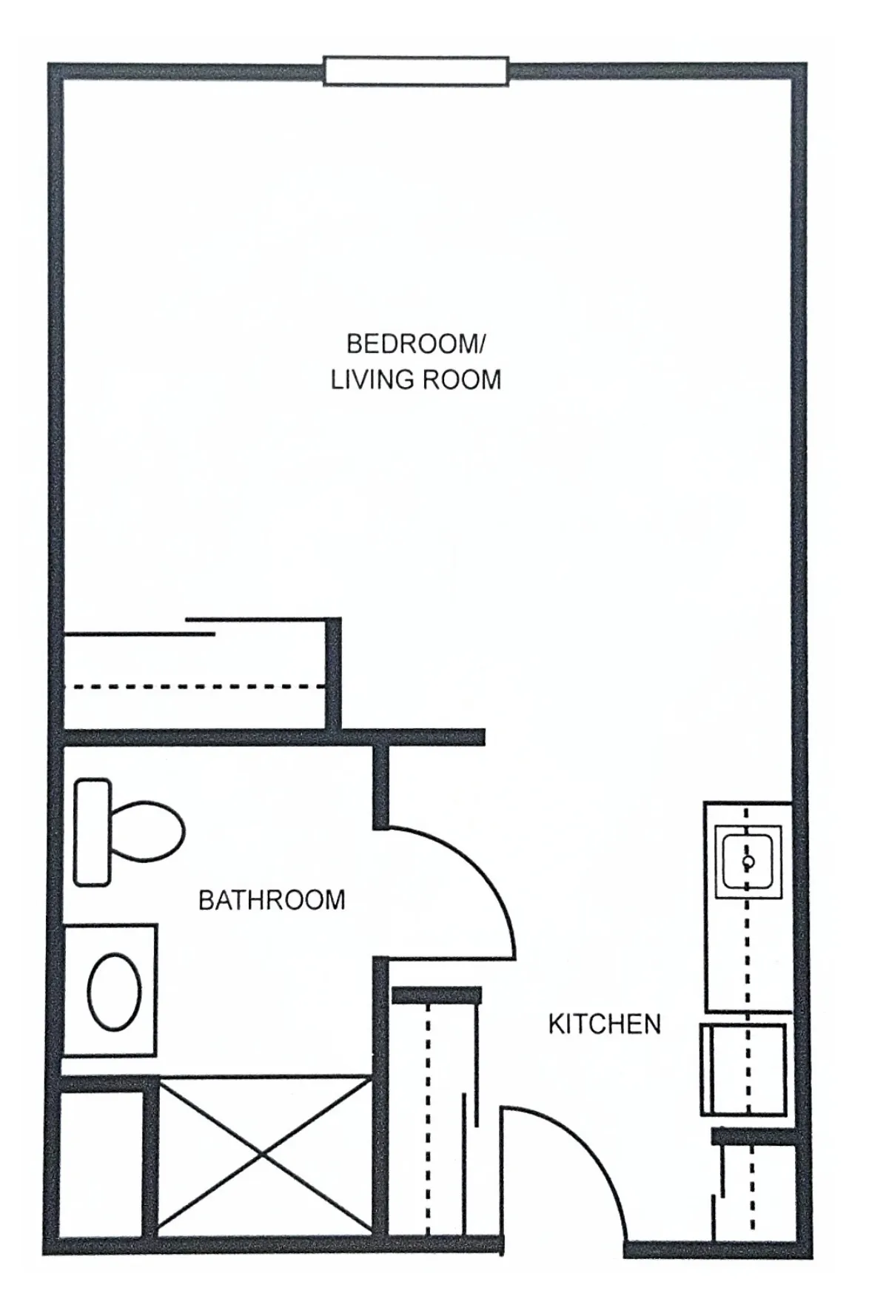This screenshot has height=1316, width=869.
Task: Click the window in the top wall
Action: [x=416, y=71]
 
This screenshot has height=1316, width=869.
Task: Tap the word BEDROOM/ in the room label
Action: [x=416, y=344]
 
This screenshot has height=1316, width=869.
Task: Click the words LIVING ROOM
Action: [x=416, y=380]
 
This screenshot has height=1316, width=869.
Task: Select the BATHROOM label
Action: [x=272, y=900]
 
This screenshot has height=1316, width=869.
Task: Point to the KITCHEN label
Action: [x=604, y=1024]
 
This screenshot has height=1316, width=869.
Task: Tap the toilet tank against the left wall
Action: [x=93, y=832]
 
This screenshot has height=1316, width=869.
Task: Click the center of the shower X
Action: [x=265, y=1155]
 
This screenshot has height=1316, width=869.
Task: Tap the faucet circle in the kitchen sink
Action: [x=748, y=862]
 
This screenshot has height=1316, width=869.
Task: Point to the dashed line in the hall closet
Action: [x=427, y=1118]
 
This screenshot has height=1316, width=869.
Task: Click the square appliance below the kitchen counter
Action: [x=743, y=1070]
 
